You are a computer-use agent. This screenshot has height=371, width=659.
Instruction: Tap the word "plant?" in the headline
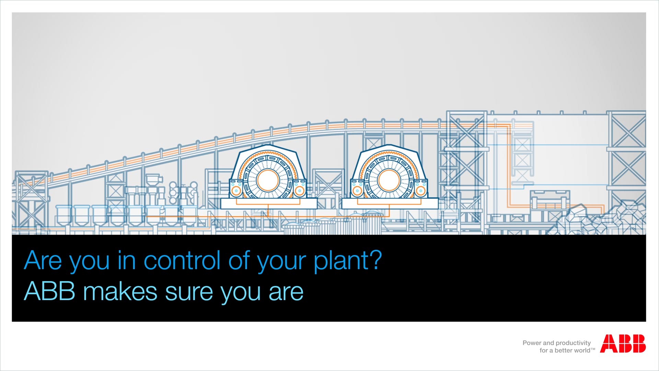[348, 261]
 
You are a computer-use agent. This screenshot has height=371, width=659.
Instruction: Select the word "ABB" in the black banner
[49, 291]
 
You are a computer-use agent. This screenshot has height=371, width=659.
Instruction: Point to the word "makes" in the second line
[120, 291]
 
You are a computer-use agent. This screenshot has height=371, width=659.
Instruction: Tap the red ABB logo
[623, 344]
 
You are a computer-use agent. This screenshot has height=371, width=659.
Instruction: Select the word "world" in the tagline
[581, 350]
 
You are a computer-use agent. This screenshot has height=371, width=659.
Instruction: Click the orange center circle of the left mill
[268, 180]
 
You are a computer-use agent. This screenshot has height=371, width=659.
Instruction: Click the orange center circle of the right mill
[389, 180]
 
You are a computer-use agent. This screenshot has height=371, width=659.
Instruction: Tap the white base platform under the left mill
[269, 203]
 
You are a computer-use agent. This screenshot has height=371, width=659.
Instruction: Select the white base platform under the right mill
[390, 203]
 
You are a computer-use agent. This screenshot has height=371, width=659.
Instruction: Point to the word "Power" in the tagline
[532, 343]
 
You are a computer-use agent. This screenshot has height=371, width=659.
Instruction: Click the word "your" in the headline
[281, 263]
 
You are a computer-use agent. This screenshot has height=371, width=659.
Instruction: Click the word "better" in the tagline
[563, 350]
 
